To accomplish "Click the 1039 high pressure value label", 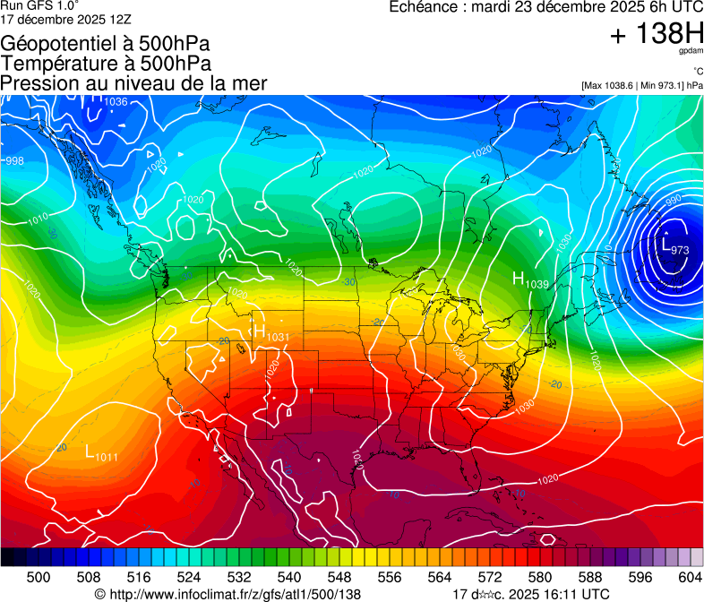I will coord(537,284).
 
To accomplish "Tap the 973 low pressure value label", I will coord(679,250).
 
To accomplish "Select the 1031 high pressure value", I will coord(278,337).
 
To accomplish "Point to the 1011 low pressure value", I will coord(107,458).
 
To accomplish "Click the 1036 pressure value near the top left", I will coord(116,102).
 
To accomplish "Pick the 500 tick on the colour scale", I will coord(39,576).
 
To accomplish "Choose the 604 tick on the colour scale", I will coord(691,576).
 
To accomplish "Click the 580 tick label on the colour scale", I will coord(540,576).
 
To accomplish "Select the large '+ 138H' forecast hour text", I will coord(656,35).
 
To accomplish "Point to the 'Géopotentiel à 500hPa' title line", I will coord(107,44).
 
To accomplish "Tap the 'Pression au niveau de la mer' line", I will coord(133,82).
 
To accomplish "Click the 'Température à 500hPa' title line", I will coord(106,64).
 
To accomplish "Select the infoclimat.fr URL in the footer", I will coord(228,594).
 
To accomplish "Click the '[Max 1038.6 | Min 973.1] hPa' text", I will coord(641,85).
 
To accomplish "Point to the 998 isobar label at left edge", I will coord(14,161).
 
